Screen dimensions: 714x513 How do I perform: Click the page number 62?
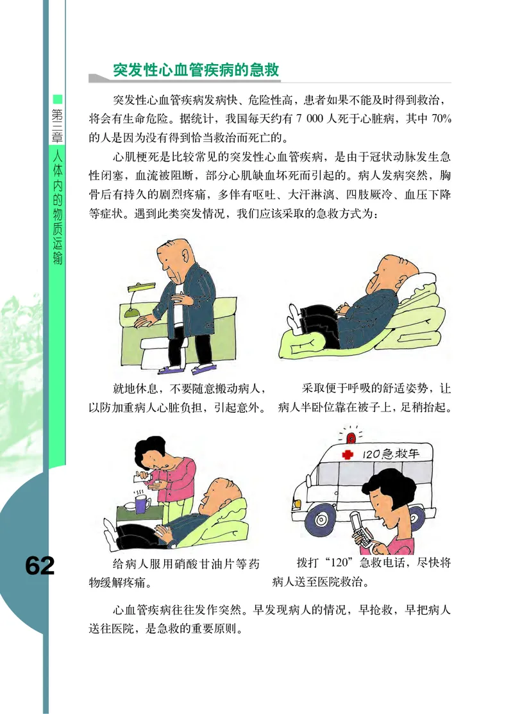[x=40, y=565]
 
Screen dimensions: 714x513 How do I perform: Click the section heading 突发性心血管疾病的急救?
[x=196, y=70]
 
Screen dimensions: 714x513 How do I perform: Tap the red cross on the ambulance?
[x=348, y=454]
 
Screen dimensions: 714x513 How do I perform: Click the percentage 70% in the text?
[x=439, y=119]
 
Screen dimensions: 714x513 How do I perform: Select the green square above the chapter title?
[x=57, y=99]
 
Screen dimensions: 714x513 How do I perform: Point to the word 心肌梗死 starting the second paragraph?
[x=135, y=156]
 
